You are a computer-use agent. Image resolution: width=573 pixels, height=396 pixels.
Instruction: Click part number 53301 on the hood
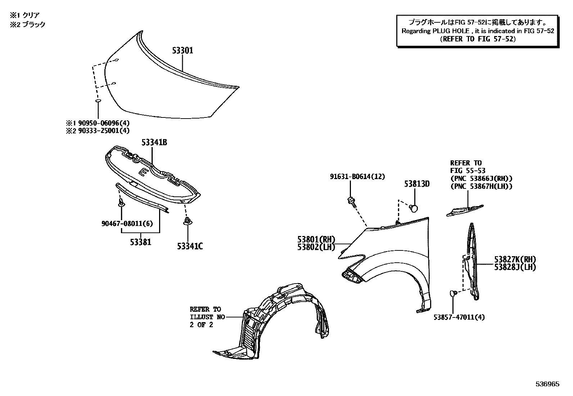pyautogui.click(x=182, y=51)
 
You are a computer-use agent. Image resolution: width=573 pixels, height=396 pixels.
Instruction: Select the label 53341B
pyautogui.click(x=154, y=143)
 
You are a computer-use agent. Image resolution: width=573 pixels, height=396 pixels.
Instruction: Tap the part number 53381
pyautogui.click(x=141, y=242)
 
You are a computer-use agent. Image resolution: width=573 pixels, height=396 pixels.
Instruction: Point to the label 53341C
pyautogui.click(x=190, y=246)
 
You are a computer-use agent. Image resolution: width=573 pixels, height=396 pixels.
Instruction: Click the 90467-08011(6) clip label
pyautogui.click(x=127, y=223)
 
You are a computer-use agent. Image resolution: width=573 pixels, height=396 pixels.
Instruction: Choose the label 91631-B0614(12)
pyautogui.click(x=357, y=177)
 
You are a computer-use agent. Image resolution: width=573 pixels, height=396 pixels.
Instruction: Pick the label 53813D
pyautogui.click(x=417, y=184)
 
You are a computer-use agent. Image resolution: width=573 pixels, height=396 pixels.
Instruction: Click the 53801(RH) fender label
pyautogui.click(x=316, y=239)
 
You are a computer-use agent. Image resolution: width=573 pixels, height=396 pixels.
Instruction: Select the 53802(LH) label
pyautogui.click(x=316, y=247)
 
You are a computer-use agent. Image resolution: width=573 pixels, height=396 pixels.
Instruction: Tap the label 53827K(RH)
pyautogui.click(x=515, y=259)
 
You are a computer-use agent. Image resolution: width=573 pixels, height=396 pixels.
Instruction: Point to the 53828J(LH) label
pyautogui.click(x=515, y=267)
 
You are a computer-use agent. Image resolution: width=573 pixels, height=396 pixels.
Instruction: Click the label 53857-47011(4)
pyautogui.click(x=459, y=317)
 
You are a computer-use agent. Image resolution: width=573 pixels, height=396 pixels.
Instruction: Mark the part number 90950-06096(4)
pyautogui.click(x=101, y=123)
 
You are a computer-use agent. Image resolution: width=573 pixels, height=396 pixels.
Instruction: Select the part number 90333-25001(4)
pyautogui.click(x=101, y=131)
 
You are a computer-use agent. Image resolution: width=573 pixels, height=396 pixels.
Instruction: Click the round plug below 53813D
pyautogui.click(x=414, y=208)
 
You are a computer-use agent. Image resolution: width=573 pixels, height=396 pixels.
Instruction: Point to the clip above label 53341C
pyautogui.click(x=187, y=221)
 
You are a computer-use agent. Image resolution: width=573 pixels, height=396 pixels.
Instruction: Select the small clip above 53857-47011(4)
pyautogui.click(x=453, y=294)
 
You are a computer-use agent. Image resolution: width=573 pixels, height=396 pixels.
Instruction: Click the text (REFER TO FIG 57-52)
pyautogui.click(x=478, y=39)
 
